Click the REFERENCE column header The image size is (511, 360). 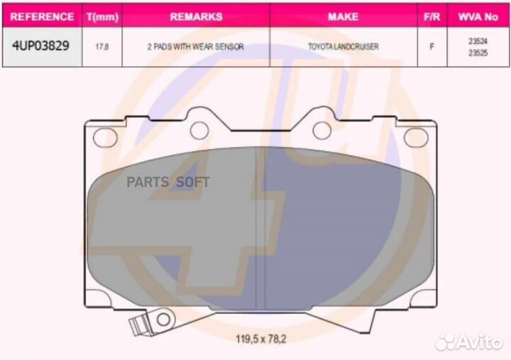pyautogui.click(x=43, y=16)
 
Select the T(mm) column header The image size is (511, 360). pyautogui.click(x=101, y=16)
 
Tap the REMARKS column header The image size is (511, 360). pyautogui.click(x=196, y=16)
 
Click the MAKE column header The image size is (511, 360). pyautogui.click(x=343, y=16)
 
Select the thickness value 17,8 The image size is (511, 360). pyautogui.click(x=101, y=47)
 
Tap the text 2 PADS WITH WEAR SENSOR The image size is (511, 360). pyautogui.click(x=195, y=47)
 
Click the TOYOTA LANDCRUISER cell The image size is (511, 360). pyautogui.click(x=343, y=47)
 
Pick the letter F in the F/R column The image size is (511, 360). pyautogui.click(x=432, y=47)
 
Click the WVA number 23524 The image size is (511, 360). pyautogui.click(x=478, y=42)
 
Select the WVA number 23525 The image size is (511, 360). pyautogui.click(x=478, y=53)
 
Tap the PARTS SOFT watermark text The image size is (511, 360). pyautogui.click(x=168, y=182)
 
